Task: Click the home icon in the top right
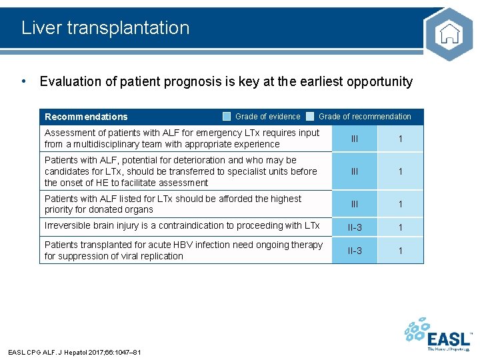449,33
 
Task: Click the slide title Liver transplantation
105,28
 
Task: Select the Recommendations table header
86,117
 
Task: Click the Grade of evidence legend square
227,117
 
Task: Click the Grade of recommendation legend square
310,117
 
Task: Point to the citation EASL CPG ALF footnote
74,352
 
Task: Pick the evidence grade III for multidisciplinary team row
355,139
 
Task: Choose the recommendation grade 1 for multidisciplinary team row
401,139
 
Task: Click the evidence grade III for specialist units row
355,171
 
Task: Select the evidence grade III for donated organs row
355,204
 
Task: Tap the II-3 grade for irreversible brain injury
355,227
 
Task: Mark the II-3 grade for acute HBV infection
355,251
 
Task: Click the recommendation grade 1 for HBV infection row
401,251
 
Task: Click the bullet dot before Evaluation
24,81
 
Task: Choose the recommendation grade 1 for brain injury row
401,227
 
